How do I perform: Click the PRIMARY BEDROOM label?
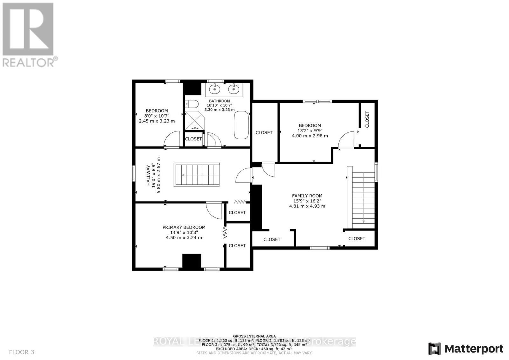(x=184, y=227)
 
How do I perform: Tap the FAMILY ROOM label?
(x=307, y=196)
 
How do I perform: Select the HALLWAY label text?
(x=148, y=175)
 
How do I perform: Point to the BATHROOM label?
(x=219, y=101)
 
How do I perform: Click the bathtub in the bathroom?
(x=241, y=125)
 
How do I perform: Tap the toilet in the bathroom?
(x=192, y=104)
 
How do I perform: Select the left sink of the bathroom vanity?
(x=215, y=89)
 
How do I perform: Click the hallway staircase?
(x=197, y=175)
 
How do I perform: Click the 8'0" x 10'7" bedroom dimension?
(x=157, y=116)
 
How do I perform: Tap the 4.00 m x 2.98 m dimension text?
(x=310, y=136)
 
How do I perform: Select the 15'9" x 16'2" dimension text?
(x=307, y=201)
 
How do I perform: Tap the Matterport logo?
(x=466, y=349)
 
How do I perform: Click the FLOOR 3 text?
(x=22, y=352)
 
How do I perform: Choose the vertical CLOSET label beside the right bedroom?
(x=367, y=119)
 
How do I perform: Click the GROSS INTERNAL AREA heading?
(x=254, y=336)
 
